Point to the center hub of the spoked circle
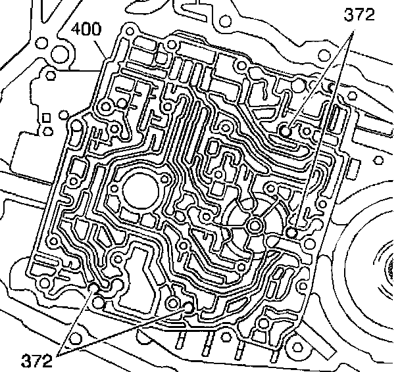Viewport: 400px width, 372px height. [x=253, y=225]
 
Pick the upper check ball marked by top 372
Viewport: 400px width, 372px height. [x=286, y=131]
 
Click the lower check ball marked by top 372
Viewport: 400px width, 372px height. [x=293, y=232]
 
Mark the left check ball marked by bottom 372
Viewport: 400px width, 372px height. [x=93, y=287]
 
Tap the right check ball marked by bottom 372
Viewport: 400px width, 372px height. [x=189, y=306]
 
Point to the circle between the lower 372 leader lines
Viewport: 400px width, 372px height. [x=100, y=303]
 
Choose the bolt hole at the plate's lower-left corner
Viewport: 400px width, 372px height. [x=44, y=283]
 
